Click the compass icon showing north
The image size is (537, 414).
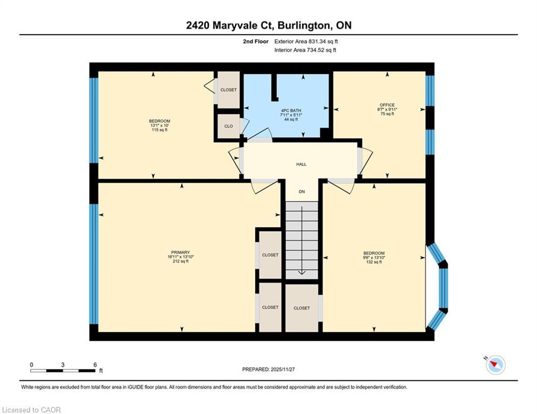[495, 365]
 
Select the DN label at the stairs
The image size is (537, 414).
[302, 191]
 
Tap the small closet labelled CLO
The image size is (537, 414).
[228, 126]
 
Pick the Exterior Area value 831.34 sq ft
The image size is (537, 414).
[306, 41]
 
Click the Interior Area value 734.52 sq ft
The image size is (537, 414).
[305, 50]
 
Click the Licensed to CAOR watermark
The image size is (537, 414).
[32, 410]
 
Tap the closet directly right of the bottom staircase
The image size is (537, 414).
[302, 308]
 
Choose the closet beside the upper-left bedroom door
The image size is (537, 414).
[228, 90]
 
